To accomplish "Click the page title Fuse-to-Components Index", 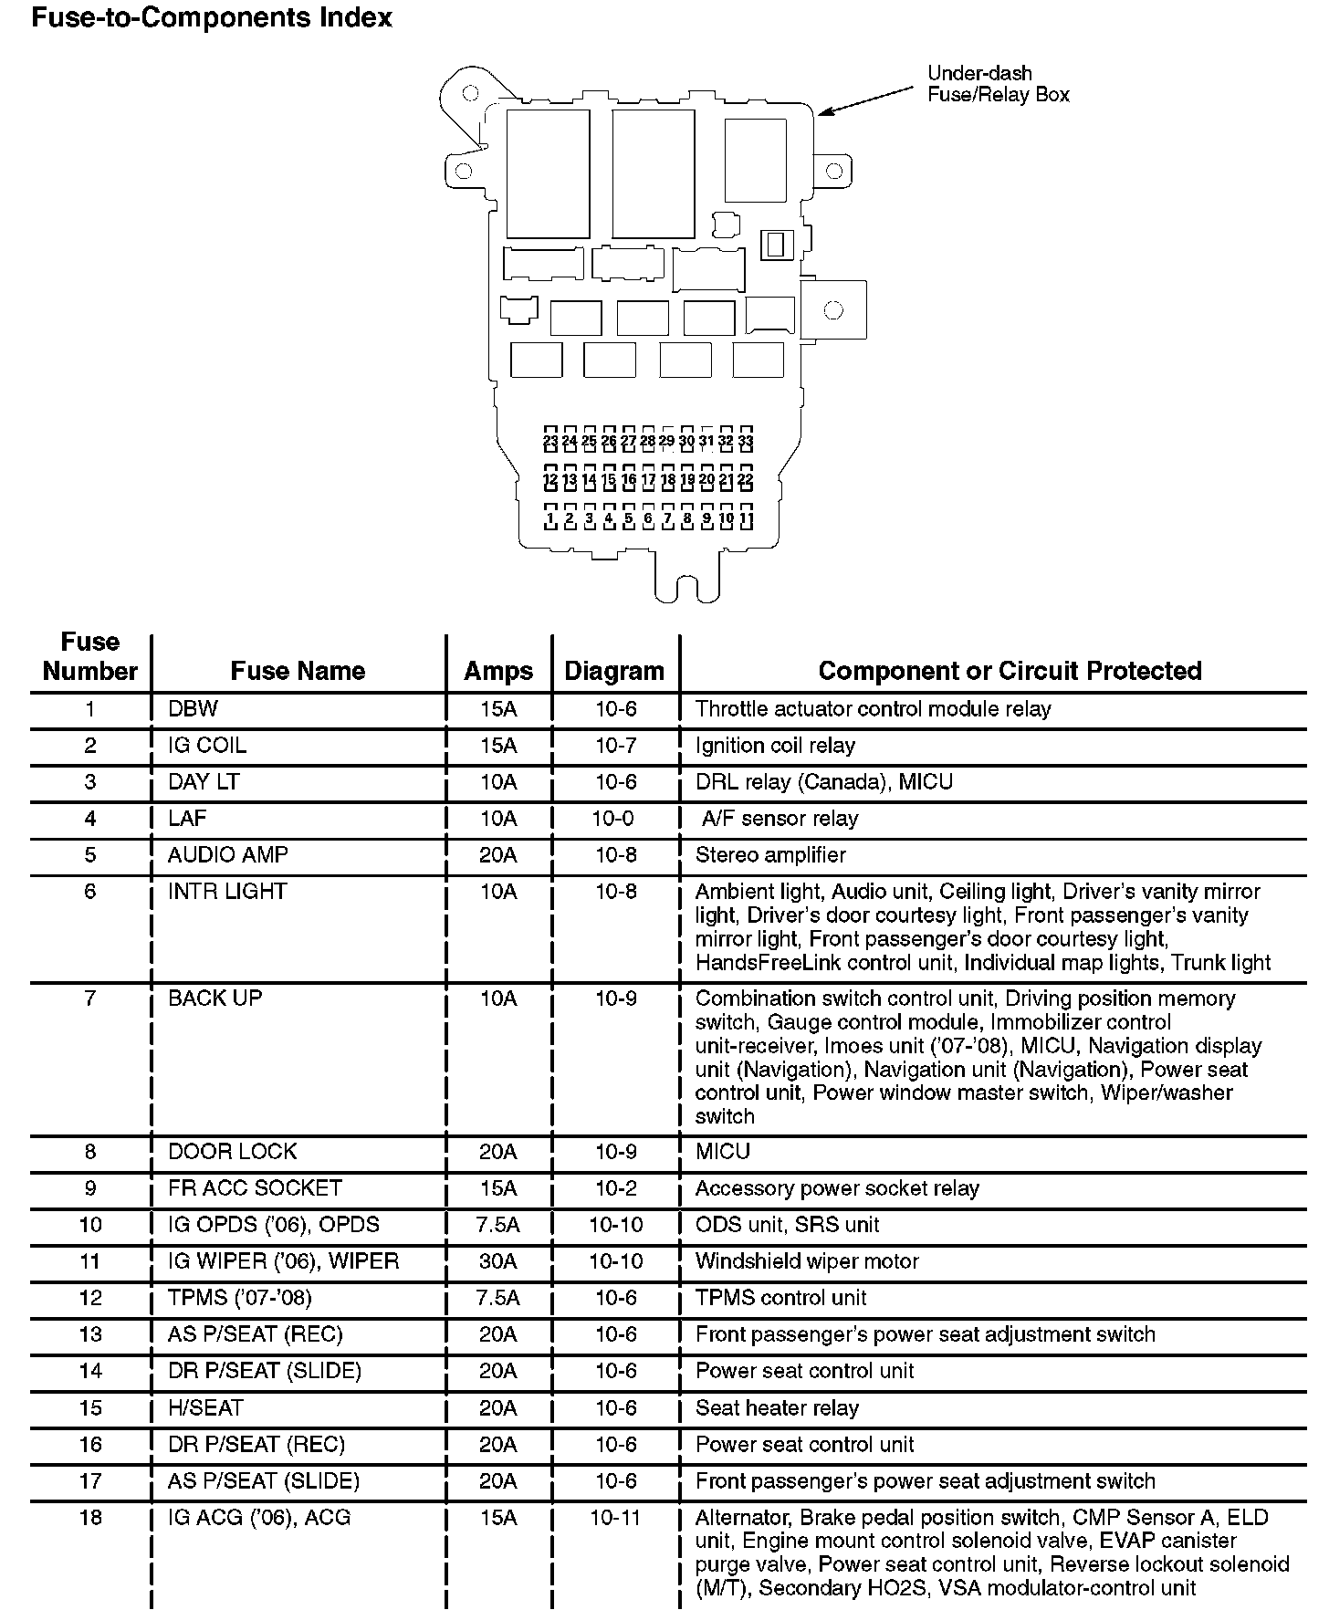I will tap(212, 17).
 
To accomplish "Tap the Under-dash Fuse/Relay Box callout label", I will tap(998, 84).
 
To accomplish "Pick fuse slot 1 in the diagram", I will tap(549, 517).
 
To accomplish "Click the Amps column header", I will tap(498, 671).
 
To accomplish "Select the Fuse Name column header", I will tap(298, 671).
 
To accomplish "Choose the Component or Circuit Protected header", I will tap(1010, 671).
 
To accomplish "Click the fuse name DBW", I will tap(193, 709).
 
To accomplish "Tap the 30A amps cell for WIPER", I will tap(498, 1261).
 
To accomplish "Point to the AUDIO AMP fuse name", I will tap(228, 855).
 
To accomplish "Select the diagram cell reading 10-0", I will tap(612, 819).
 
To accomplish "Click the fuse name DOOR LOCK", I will tap(233, 1152).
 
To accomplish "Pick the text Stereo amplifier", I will tap(770, 855).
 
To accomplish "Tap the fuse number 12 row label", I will tap(90, 1298).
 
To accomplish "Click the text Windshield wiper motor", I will tap(807, 1261).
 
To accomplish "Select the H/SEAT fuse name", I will tap(205, 1408).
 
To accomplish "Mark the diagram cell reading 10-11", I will tap(616, 1518).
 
